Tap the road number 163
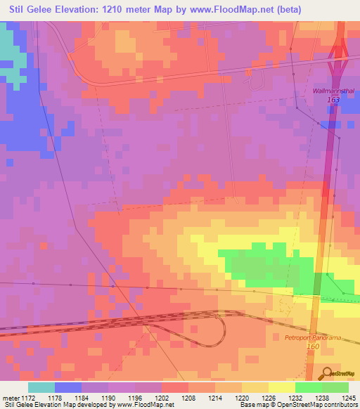[333, 101]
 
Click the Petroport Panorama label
[312, 338]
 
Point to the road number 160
[313, 347]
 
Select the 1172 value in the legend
[28, 397]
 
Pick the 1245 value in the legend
[349, 397]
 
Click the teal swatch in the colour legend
[41, 387]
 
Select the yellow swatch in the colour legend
[281, 387]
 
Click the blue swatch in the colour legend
[68, 387]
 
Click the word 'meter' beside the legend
[11, 397]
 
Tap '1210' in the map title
[115, 9]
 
